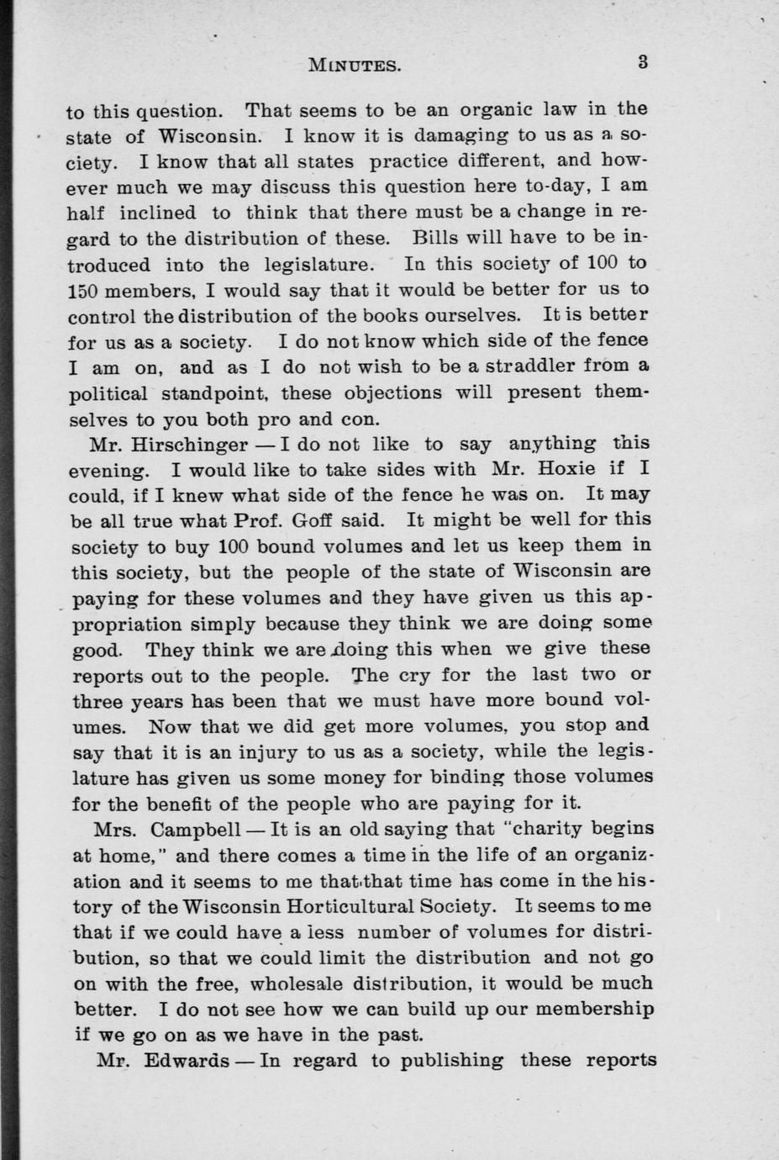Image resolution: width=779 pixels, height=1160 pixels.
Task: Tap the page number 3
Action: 642,61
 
